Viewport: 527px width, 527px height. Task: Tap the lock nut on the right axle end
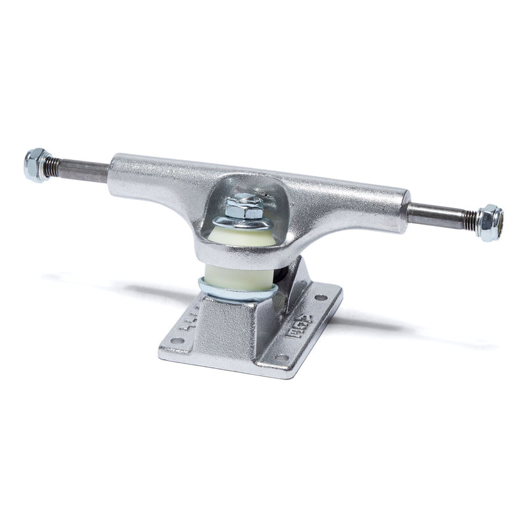[489, 222]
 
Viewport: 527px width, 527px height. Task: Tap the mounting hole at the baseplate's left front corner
[177, 341]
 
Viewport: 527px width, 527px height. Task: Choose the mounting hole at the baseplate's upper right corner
[321, 297]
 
